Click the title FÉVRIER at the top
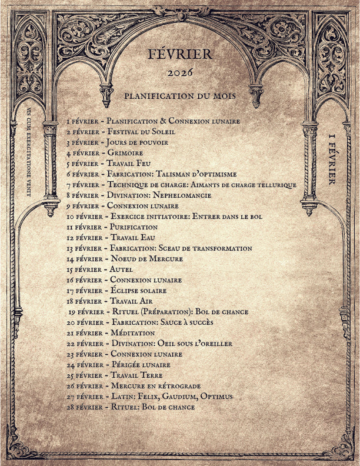point(181,55)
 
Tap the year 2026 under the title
point(181,74)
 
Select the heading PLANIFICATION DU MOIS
point(180,95)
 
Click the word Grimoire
point(125,153)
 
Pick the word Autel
point(121,269)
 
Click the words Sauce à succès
point(187,322)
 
